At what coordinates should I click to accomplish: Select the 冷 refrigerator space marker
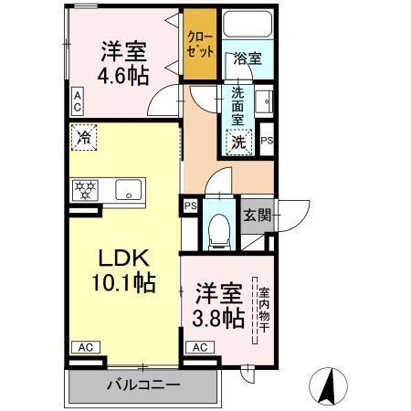point(84,141)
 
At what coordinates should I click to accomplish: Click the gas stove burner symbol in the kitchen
point(85,190)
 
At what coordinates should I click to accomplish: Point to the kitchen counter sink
point(127,190)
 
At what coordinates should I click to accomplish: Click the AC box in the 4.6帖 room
point(78,101)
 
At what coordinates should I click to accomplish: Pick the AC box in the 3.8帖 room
point(200,347)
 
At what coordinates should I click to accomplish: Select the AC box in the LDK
point(85,347)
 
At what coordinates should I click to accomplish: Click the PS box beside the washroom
point(267,141)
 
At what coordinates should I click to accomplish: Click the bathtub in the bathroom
point(247,27)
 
